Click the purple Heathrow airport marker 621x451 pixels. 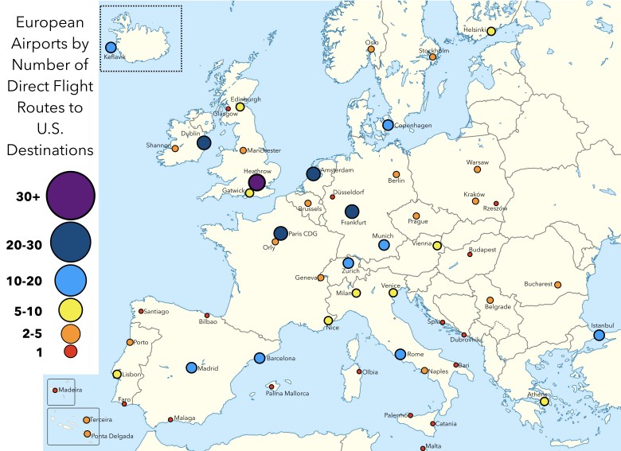click(x=256, y=183)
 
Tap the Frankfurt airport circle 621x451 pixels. click(x=352, y=212)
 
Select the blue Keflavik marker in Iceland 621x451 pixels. click(x=111, y=47)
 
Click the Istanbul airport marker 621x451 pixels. click(x=599, y=335)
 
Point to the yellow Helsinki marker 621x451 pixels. click(x=491, y=31)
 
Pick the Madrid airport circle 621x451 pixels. click(x=191, y=367)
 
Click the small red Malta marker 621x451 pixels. click(x=430, y=445)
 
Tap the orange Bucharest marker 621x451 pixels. click(x=557, y=284)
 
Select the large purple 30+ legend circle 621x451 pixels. click(x=71, y=194)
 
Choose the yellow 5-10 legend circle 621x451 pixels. click(x=71, y=309)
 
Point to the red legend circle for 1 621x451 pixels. click(x=71, y=351)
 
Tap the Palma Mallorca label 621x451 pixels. click(x=288, y=394)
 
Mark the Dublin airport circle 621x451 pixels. click(x=204, y=143)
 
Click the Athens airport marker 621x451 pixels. click(x=544, y=401)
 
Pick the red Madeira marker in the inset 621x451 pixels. click(x=55, y=390)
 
